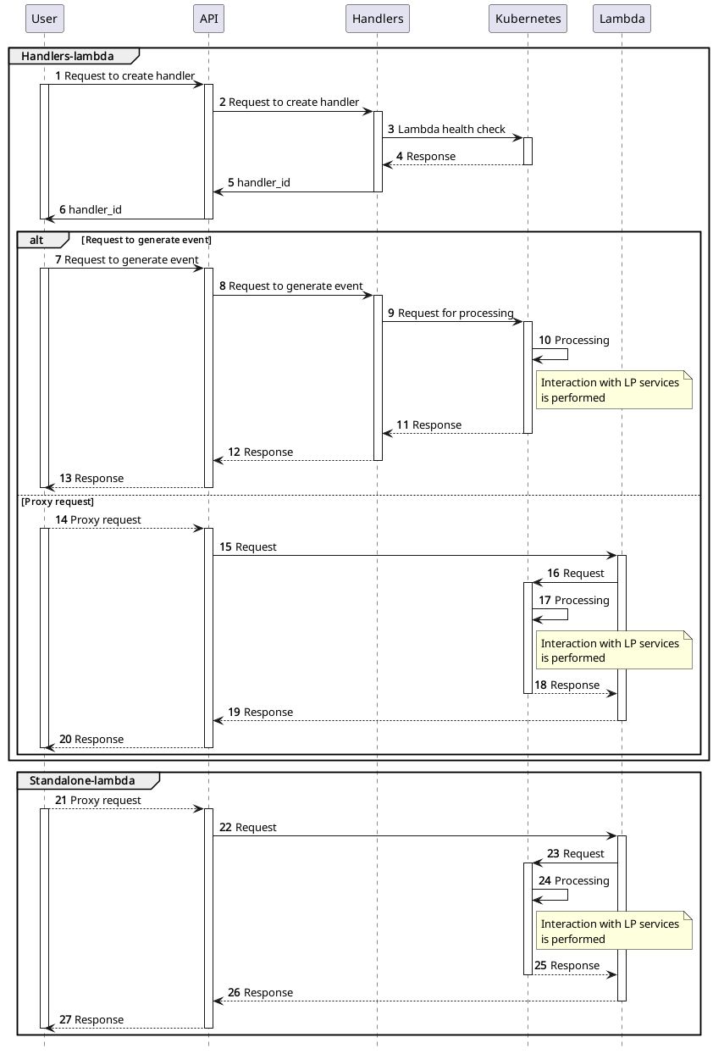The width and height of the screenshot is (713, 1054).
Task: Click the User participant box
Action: pyautogui.click(x=44, y=19)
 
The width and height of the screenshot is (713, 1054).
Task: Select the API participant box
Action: pyautogui.click(x=208, y=19)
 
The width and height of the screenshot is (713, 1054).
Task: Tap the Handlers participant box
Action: pyautogui.click(x=378, y=19)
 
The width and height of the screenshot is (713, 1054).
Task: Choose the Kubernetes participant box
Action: pyautogui.click(x=528, y=19)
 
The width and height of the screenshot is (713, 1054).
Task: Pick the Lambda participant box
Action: pyautogui.click(x=622, y=19)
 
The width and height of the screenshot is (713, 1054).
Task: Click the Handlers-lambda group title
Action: pyautogui.click(x=68, y=56)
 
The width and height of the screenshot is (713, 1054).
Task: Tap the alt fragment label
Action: pyautogui.click(x=36, y=240)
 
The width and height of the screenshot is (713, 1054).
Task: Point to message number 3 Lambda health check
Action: pyautogui.click(x=446, y=130)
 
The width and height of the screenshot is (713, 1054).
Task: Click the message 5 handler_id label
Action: pyautogui.click(x=258, y=183)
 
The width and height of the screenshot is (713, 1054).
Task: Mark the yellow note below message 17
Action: pyautogui.click(x=613, y=651)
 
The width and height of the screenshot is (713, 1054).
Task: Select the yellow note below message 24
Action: pyautogui.click(x=613, y=931)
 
